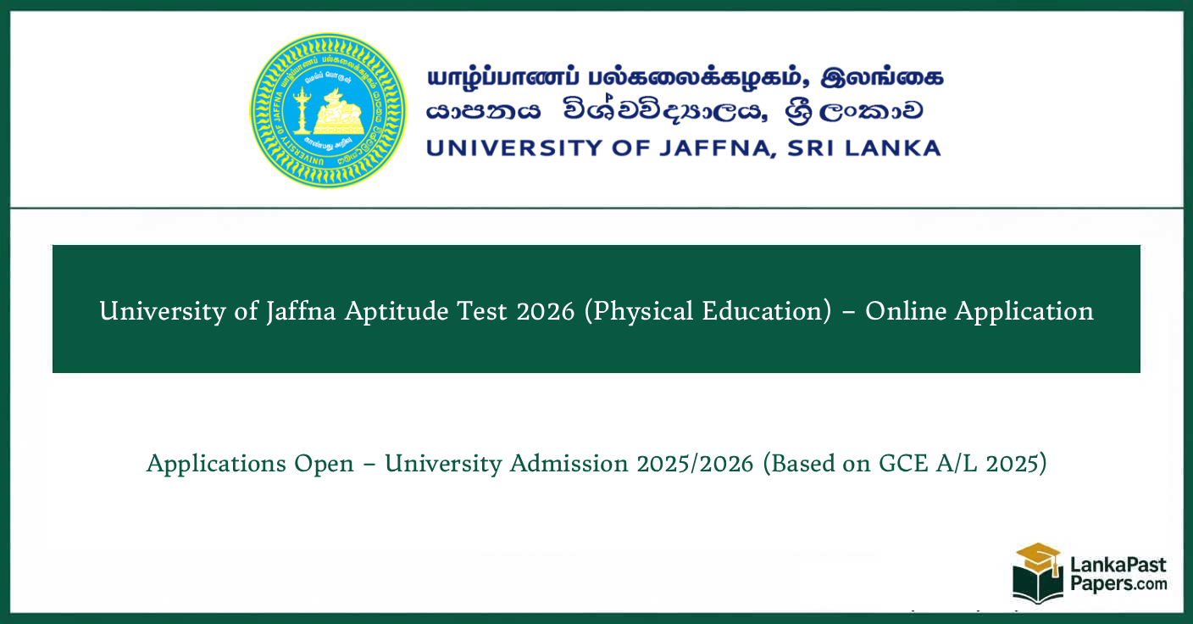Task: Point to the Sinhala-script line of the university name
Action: [674, 111]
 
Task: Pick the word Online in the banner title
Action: [906, 311]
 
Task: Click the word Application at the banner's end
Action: [1024, 311]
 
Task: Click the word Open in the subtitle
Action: [325, 464]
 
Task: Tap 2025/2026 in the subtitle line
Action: [691, 464]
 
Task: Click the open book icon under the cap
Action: [1037, 584]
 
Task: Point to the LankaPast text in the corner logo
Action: [1118, 565]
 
